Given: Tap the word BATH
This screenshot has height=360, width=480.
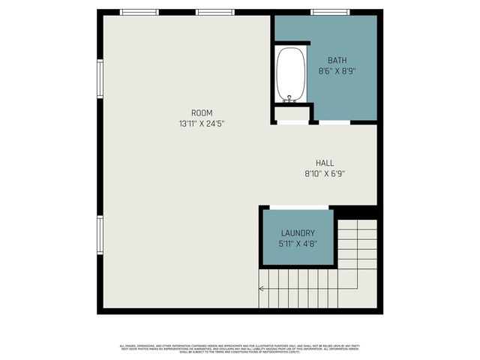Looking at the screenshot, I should coord(337,60).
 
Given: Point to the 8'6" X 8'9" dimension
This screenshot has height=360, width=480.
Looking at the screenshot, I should coord(337,71).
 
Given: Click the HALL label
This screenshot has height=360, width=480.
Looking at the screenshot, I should coord(325,163).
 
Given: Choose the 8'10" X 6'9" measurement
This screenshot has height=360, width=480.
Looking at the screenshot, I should coord(325,173).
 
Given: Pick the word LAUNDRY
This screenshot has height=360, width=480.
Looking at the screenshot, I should coord(298,233).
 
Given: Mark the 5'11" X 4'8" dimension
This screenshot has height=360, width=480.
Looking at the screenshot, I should coord(298,244).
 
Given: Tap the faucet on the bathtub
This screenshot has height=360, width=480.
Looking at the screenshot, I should coord(289,97).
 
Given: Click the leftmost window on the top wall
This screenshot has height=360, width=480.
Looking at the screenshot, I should coord(139,12).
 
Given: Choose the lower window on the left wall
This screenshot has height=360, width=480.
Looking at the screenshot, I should coord(100,235).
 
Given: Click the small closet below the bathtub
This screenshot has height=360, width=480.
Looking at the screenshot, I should coord(291,114).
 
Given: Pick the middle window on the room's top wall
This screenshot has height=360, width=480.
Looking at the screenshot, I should coord(215,12).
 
